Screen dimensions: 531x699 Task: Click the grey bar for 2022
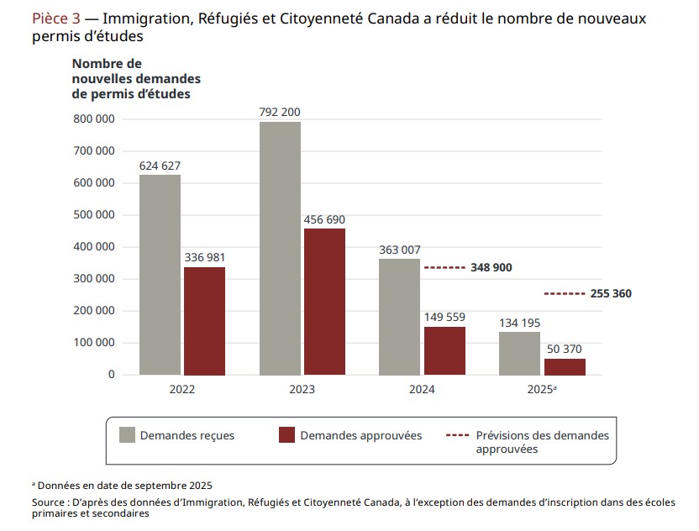(160, 275)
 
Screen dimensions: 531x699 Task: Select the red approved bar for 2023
(324, 302)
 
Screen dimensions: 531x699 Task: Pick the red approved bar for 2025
(565, 366)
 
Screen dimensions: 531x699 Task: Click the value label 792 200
(280, 112)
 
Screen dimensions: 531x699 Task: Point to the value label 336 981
(205, 257)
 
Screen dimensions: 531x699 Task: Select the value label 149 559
(444, 317)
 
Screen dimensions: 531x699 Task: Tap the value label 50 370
(565, 349)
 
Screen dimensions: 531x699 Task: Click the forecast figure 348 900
(491, 268)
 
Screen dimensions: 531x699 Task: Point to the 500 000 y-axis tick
(95, 215)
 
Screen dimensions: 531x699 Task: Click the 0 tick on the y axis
(111, 375)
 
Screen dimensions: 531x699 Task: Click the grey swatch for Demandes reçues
(128, 435)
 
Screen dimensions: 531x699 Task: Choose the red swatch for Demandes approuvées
(286, 435)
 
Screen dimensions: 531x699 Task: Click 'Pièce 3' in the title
(56, 18)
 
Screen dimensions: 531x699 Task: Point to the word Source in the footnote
(49, 502)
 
